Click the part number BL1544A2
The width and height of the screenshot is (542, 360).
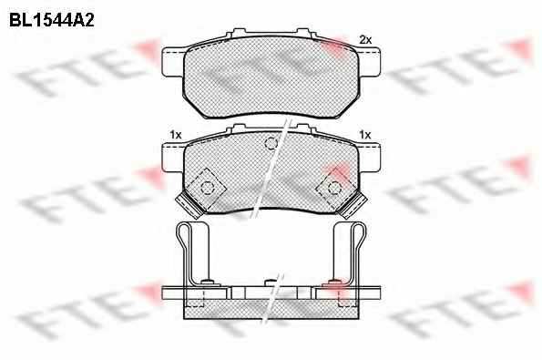point(52,20)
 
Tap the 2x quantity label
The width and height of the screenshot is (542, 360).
point(365,40)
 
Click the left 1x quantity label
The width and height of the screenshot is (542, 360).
point(176,135)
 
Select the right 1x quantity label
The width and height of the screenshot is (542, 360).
point(365,135)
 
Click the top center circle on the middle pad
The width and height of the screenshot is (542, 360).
point(271,143)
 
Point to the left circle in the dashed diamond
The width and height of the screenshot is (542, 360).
point(208,188)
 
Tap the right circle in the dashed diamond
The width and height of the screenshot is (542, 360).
point(334,188)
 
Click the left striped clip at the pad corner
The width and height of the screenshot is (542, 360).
point(189,206)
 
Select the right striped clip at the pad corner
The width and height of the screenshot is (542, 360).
point(353,206)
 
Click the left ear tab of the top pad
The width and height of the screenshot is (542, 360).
point(173,62)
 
